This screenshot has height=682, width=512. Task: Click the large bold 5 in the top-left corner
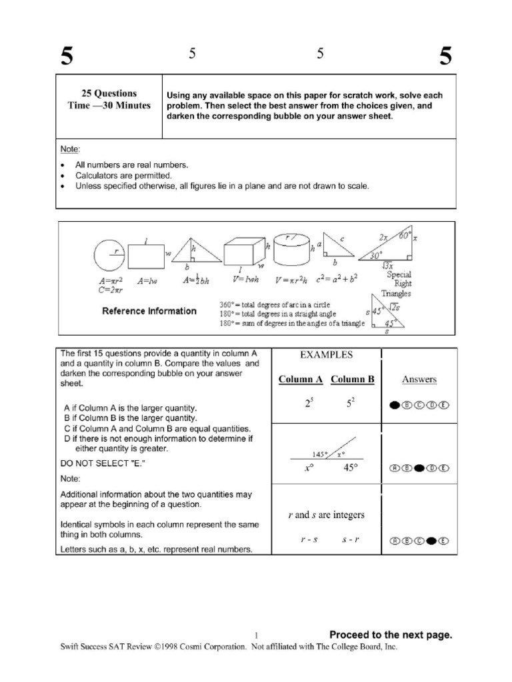point(66,57)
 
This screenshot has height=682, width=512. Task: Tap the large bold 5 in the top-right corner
point(445,57)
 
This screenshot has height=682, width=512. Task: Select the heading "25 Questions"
point(109,94)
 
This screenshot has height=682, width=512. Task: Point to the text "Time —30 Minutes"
point(109,106)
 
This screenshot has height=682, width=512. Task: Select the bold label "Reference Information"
point(149,311)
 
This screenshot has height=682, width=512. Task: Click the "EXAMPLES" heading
point(326,356)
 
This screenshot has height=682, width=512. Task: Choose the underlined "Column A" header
point(300,380)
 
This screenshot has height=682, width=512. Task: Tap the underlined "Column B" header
point(353,380)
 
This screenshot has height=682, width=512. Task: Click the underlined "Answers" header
point(419,380)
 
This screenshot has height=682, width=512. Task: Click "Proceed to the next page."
point(391,635)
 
